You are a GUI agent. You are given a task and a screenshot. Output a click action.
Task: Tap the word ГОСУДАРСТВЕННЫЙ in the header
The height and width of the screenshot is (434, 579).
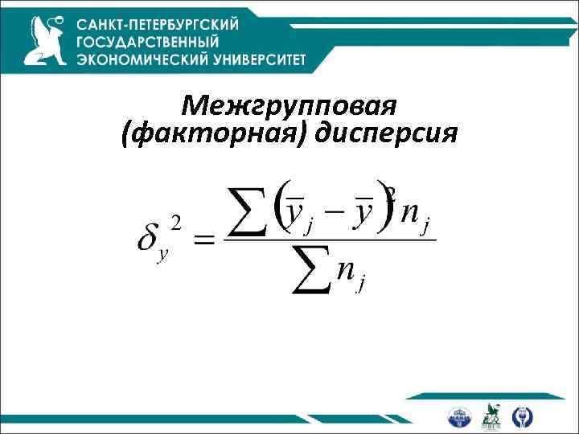click(148, 41)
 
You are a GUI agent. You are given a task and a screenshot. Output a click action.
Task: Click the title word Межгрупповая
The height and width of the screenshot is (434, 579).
click(289, 105)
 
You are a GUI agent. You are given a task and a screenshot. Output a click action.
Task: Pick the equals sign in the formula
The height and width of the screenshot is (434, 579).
click(205, 239)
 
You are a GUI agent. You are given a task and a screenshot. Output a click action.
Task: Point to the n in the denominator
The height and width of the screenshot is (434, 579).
click(347, 271)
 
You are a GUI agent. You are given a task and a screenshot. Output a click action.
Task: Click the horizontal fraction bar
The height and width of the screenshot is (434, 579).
click(330, 240)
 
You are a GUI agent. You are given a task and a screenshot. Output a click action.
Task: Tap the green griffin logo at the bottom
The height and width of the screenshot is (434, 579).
click(491, 415)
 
